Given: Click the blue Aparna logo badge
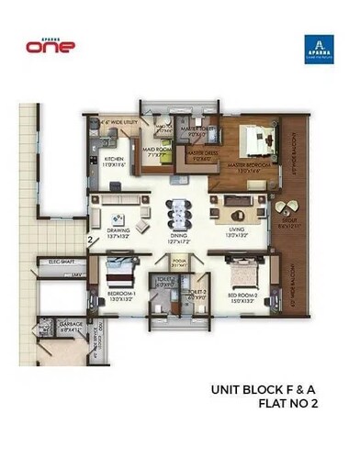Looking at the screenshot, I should [316, 48].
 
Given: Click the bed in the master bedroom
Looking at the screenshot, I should [253, 143].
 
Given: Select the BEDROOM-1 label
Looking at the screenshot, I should [121, 295].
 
